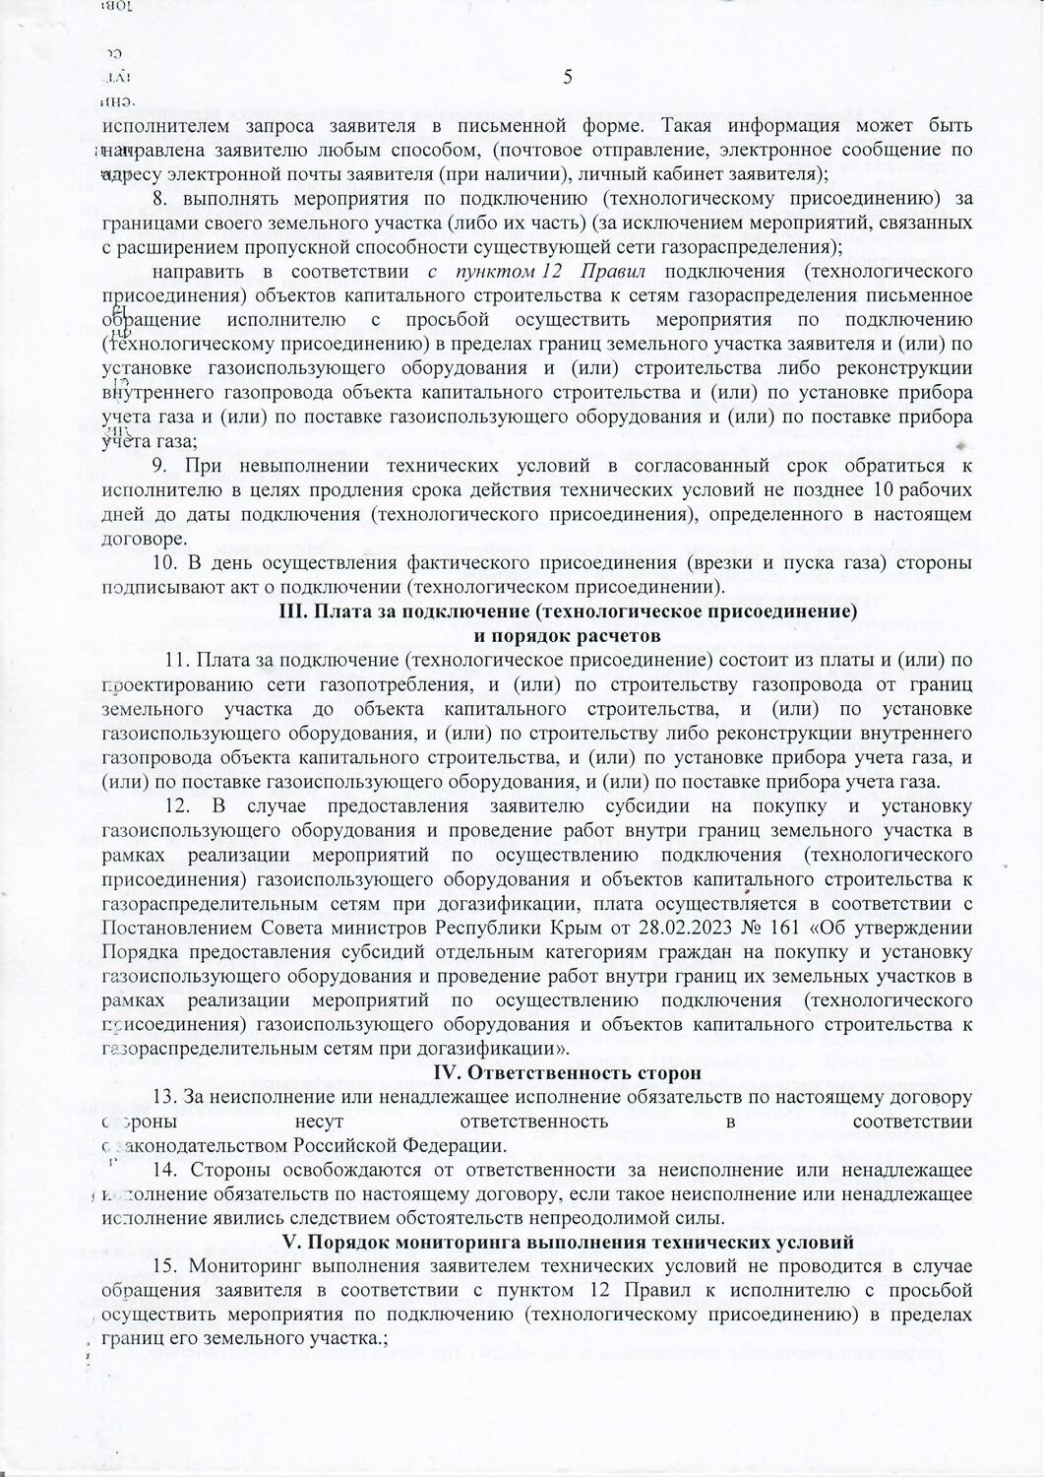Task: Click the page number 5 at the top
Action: (x=567, y=79)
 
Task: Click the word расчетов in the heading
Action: (x=608, y=635)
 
